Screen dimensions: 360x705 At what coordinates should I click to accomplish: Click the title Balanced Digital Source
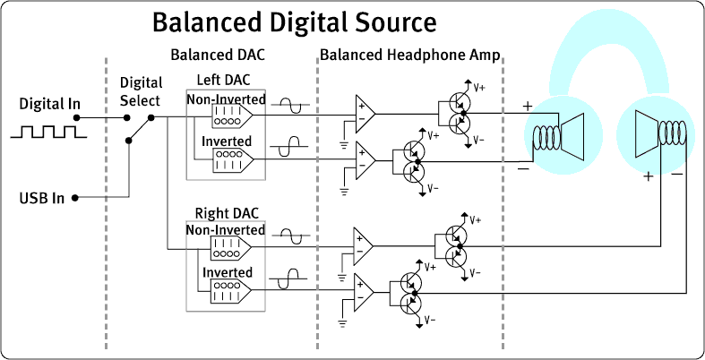294,21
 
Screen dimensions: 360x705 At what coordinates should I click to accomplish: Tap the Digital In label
49,104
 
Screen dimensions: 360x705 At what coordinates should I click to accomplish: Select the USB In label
41,197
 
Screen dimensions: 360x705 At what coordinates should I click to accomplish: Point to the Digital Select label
140,90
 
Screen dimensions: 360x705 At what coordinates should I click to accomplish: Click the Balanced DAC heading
218,55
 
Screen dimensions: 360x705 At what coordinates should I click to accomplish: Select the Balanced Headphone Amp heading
409,55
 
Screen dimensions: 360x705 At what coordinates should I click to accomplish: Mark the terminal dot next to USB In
75,197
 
